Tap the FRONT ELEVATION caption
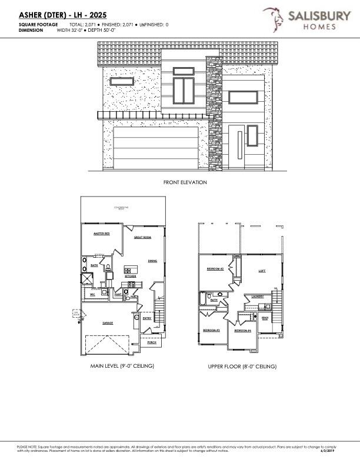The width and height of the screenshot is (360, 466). coord(185,183)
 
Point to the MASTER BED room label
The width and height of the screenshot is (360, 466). coord(102,234)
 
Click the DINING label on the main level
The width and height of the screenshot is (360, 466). coord(152,261)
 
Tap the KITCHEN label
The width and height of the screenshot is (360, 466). coord(130,275)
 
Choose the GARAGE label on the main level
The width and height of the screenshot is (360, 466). coord(108,323)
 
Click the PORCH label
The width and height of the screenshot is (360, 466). coord(152,341)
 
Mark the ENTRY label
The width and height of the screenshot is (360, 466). coord(147,318)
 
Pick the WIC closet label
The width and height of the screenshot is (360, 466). coord(92,294)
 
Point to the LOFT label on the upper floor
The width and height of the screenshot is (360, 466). coord(262,271)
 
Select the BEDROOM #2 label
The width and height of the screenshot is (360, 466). coord(215,269)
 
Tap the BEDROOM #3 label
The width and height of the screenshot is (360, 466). coord(211,330)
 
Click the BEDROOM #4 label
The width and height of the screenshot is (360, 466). coord(242,331)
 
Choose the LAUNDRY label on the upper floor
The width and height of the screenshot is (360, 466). coord(257,296)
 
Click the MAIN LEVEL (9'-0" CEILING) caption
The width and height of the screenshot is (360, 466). coord(122,366)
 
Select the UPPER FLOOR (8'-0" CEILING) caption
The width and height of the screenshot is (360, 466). coord(242,367)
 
